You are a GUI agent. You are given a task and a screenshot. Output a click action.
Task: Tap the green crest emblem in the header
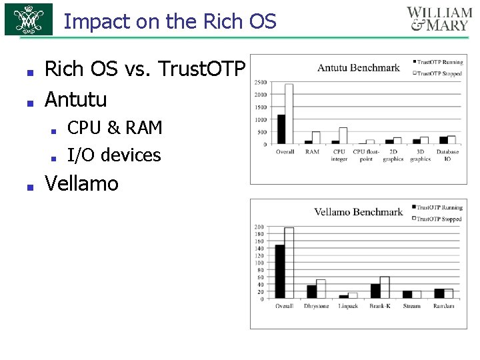(29, 20)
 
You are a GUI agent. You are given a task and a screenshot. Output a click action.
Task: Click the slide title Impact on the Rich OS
(169, 21)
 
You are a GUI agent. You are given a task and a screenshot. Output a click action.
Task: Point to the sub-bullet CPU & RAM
(115, 127)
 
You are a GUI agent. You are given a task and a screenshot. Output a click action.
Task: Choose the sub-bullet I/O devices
(114, 155)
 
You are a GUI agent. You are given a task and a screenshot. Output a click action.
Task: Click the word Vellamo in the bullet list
(81, 183)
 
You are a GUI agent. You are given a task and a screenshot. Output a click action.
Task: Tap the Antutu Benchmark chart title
(358, 67)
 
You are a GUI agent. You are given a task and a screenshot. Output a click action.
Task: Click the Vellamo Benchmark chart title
(358, 212)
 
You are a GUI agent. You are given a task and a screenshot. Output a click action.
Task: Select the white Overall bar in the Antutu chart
(289, 114)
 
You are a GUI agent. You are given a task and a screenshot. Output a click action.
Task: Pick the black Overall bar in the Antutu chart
(281, 129)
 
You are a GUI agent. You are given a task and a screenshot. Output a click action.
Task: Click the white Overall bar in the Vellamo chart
(289, 263)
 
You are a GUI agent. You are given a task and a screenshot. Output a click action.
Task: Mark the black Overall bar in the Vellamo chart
(280, 271)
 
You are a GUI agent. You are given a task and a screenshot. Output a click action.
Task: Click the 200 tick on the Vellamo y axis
(259, 227)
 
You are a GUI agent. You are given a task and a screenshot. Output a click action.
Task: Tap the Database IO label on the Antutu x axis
(447, 155)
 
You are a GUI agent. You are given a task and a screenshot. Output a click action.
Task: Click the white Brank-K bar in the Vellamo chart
(385, 287)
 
